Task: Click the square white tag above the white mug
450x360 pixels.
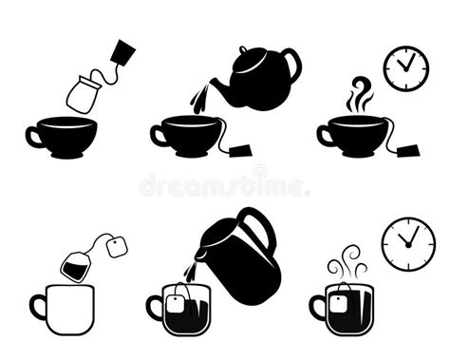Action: [118, 248]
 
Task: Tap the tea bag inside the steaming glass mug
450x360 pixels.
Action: [340, 304]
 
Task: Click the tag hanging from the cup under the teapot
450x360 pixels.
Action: [240, 152]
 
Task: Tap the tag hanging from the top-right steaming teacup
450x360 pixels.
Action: [408, 152]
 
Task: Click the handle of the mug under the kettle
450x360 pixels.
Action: [154, 307]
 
